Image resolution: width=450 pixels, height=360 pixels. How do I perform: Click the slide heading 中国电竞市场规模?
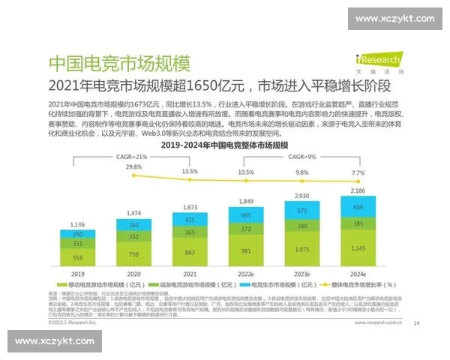pos(119,63)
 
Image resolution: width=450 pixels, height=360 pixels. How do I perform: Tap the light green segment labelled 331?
pos(77,244)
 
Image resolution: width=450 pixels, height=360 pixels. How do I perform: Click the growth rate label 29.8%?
pos(133,166)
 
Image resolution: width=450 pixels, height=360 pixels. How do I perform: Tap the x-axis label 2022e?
pos(245,274)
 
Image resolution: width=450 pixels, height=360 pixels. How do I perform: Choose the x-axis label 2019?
pos(77,274)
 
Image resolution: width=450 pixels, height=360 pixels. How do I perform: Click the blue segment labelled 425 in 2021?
pos(190,219)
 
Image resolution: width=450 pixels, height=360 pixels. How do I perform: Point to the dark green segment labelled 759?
pos(133,253)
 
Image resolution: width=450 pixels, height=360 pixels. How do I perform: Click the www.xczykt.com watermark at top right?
pos(394,19)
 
